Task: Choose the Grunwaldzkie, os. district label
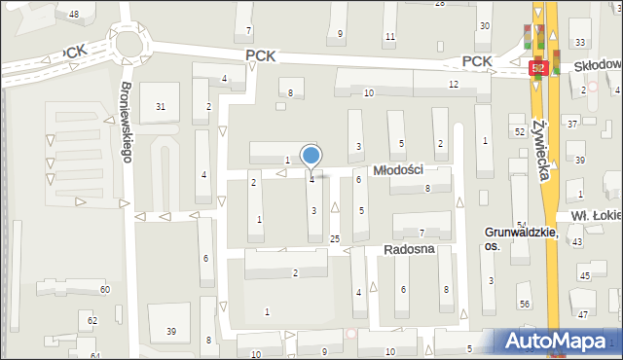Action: tap(521, 239)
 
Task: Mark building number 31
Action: tap(161, 107)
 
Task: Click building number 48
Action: tap(74, 14)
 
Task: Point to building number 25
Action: tap(335, 238)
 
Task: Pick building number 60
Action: tap(104, 290)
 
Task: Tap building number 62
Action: tap(92, 320)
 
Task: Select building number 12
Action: tap(454, 85)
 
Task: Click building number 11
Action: tap(390, 37)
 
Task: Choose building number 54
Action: tap(522, 225)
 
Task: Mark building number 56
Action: tap(525, 305)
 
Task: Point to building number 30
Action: tap(485, 25)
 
